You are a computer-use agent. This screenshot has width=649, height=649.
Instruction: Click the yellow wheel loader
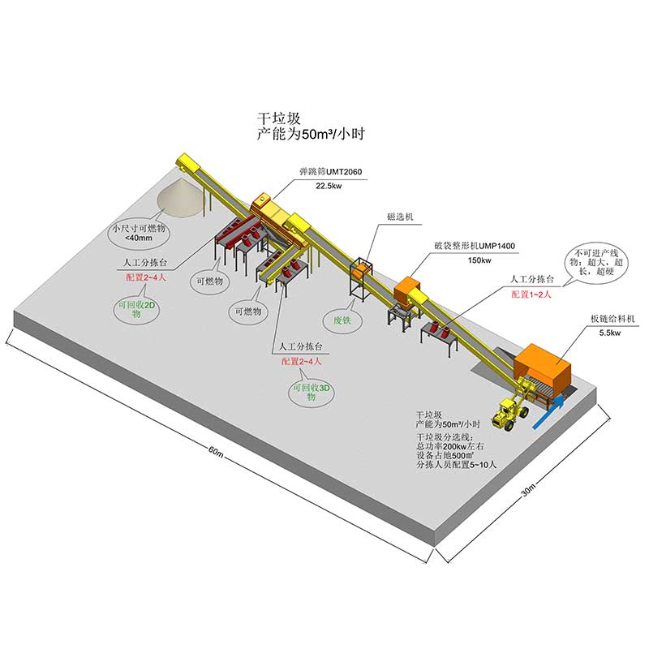(x=510, y=411)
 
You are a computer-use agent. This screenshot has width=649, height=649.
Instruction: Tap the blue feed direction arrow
(x=548, y=411)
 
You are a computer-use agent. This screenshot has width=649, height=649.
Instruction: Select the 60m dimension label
(x=216, y=451)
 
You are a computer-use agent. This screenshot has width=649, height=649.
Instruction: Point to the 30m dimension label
(x=528, y=489)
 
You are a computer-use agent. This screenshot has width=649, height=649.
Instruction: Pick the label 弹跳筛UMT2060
(x=331, y=171)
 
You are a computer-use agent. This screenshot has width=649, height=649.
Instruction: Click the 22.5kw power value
(x=329, y=186)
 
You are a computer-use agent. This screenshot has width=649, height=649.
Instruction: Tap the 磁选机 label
(x=400, y=217)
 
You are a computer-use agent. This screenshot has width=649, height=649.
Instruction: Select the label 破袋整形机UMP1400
(x=475, y=246)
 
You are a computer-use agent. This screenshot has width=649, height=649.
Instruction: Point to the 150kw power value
(x=479, y=260)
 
